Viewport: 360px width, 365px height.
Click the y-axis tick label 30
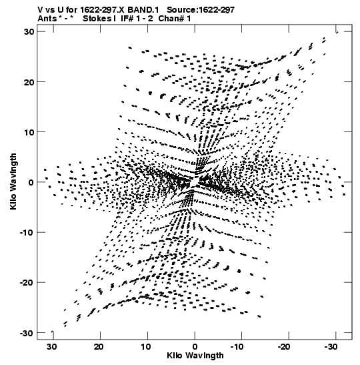(29, 31)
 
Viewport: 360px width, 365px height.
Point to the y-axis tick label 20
(29, 82)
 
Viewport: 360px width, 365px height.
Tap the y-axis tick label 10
(29, 132)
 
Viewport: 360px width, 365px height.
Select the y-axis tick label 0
(31, 182)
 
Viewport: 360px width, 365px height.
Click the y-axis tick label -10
(27, 233)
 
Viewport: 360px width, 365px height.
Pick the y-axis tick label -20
(27, 283)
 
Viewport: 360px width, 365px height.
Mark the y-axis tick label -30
(27, 333)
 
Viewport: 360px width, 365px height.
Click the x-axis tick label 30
(51, 347)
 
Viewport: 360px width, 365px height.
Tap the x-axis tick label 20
(99, 347)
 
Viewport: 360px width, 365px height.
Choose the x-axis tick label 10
(146, 347)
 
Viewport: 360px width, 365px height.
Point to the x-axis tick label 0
(195, 347)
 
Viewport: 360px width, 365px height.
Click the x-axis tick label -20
(284, 347)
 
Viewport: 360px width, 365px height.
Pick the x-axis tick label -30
(331, 347)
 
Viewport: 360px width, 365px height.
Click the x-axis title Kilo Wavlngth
(195, 356)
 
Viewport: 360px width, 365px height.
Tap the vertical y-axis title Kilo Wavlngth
(13, 181)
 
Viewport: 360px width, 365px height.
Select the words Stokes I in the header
(99, 19)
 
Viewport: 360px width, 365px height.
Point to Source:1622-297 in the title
(201, 10)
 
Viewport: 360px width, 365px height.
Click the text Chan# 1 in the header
(175, 19)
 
